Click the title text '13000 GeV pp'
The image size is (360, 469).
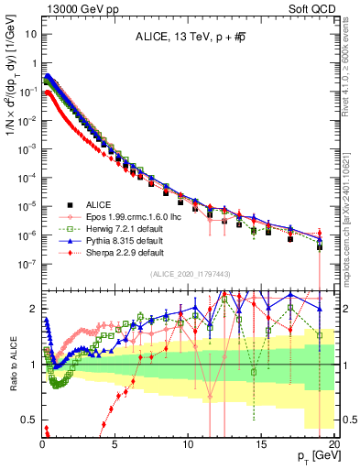[73, 7]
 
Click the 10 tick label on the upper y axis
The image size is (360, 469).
[29, 33]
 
